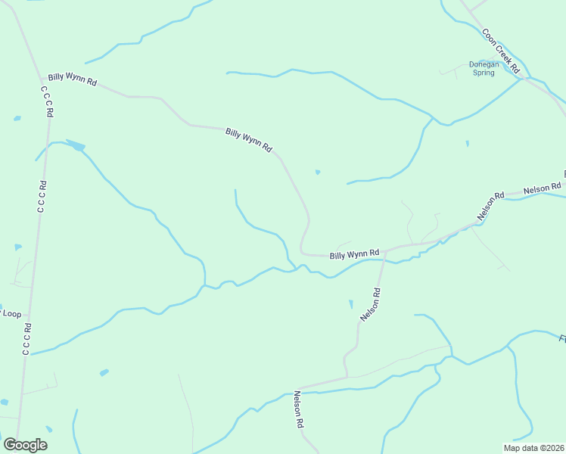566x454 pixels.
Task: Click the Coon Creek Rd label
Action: click(x=502, y=51)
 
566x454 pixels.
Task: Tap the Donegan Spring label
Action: click(x=484, y=68)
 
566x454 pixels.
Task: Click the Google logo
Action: click(x=25, y=444)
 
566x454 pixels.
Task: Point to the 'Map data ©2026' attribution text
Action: click(x=534, y=448)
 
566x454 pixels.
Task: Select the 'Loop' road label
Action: click(x=11, y=313)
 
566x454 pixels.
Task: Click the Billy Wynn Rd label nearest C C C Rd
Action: click(x=72, y=79)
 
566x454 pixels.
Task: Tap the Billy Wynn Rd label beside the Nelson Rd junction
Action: click(x=354, y=254)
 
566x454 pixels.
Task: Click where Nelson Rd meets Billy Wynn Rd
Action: click(x=384, y=250)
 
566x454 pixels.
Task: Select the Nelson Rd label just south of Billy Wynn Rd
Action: click(x=369, y=304)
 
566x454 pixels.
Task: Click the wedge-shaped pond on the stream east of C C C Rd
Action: click(x=76, y=145)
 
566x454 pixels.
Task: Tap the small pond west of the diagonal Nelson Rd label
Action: click(x=350, y=304)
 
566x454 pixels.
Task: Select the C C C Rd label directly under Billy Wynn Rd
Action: click(x=48, y=101)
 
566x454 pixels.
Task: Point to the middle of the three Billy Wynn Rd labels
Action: click(x=248, y=141)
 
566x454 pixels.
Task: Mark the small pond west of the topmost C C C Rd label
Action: click(x=17, y=118)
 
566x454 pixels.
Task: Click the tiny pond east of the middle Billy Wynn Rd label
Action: click(x=317, y=172)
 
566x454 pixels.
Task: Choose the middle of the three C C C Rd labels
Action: click(x=42, y=195)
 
